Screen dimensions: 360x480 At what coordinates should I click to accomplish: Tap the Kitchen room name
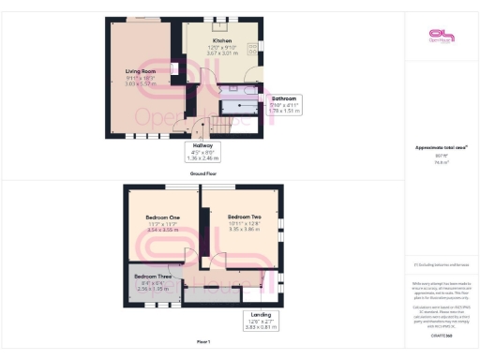[222, 41]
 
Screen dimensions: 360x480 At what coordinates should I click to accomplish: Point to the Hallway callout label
[203, 146]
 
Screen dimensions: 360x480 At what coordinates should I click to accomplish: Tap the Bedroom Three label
[152, 277]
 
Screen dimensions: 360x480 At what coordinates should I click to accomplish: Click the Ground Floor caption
[203, 173]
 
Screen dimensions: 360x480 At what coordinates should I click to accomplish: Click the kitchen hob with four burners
[253, 50]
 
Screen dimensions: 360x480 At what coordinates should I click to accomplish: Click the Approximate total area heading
[440, 148]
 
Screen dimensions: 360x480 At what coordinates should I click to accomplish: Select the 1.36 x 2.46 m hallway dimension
[203, 157]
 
